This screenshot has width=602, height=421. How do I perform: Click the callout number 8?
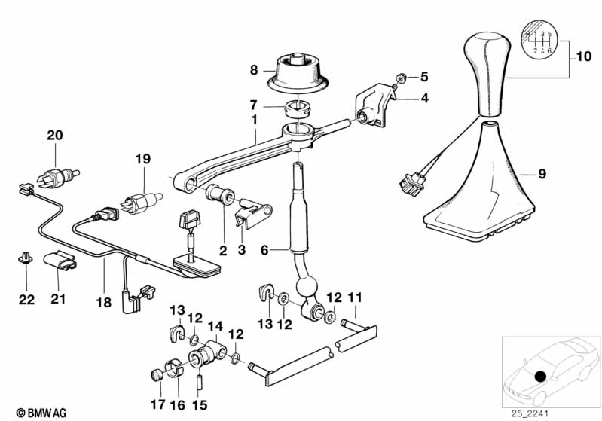254,71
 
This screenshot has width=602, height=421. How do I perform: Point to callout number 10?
585,56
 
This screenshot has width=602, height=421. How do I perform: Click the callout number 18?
103,303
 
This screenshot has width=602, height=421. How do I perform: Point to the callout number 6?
264,248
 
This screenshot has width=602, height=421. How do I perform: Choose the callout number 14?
215,326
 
